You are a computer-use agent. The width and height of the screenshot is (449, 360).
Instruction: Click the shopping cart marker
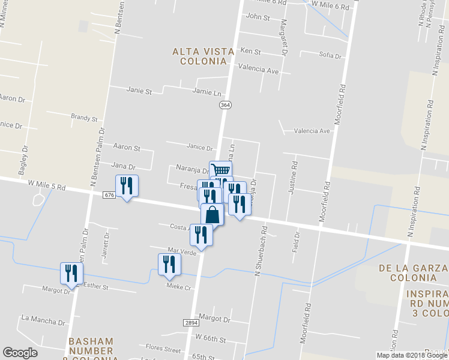tap(220, 170)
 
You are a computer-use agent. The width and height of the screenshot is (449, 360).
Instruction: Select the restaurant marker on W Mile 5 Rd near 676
tap(127, 185)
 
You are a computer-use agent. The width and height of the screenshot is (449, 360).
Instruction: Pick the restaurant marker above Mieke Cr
tap(169, 264)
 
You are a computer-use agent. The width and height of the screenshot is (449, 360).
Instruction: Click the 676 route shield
tap(109, 195)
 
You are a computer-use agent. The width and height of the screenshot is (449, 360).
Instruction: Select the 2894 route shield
tap(191, 323)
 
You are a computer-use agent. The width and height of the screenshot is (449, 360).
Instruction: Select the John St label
tap(258, 17)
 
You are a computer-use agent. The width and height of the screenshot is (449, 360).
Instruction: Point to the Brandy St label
tap(84, 118)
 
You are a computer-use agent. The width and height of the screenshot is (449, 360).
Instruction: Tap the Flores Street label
tap(163, 348)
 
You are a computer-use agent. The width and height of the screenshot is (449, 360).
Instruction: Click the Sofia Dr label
tap(330, 55)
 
